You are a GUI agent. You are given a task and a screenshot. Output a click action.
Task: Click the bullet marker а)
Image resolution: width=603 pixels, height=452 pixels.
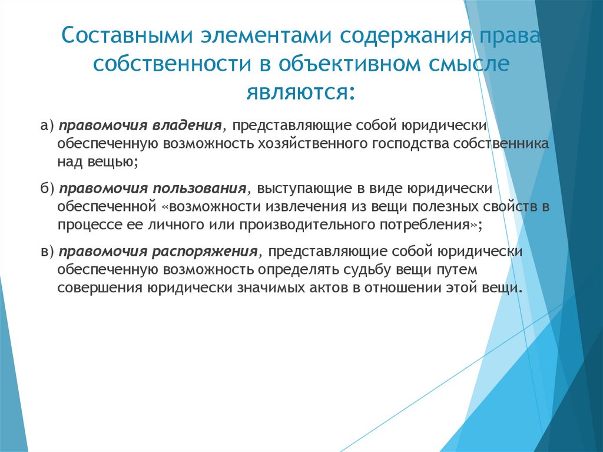click(x=48, y=127)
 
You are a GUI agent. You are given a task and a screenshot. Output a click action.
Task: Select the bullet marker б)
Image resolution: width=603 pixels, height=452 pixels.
click(x=48, y=188)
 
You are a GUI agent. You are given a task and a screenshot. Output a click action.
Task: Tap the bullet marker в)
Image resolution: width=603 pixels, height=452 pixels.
click(x=48, y=252)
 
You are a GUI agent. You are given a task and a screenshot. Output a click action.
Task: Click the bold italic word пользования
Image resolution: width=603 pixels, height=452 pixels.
click(x=200, y=188)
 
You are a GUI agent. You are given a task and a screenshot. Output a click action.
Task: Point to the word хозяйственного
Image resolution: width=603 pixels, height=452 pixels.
click(x=308, y=144)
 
